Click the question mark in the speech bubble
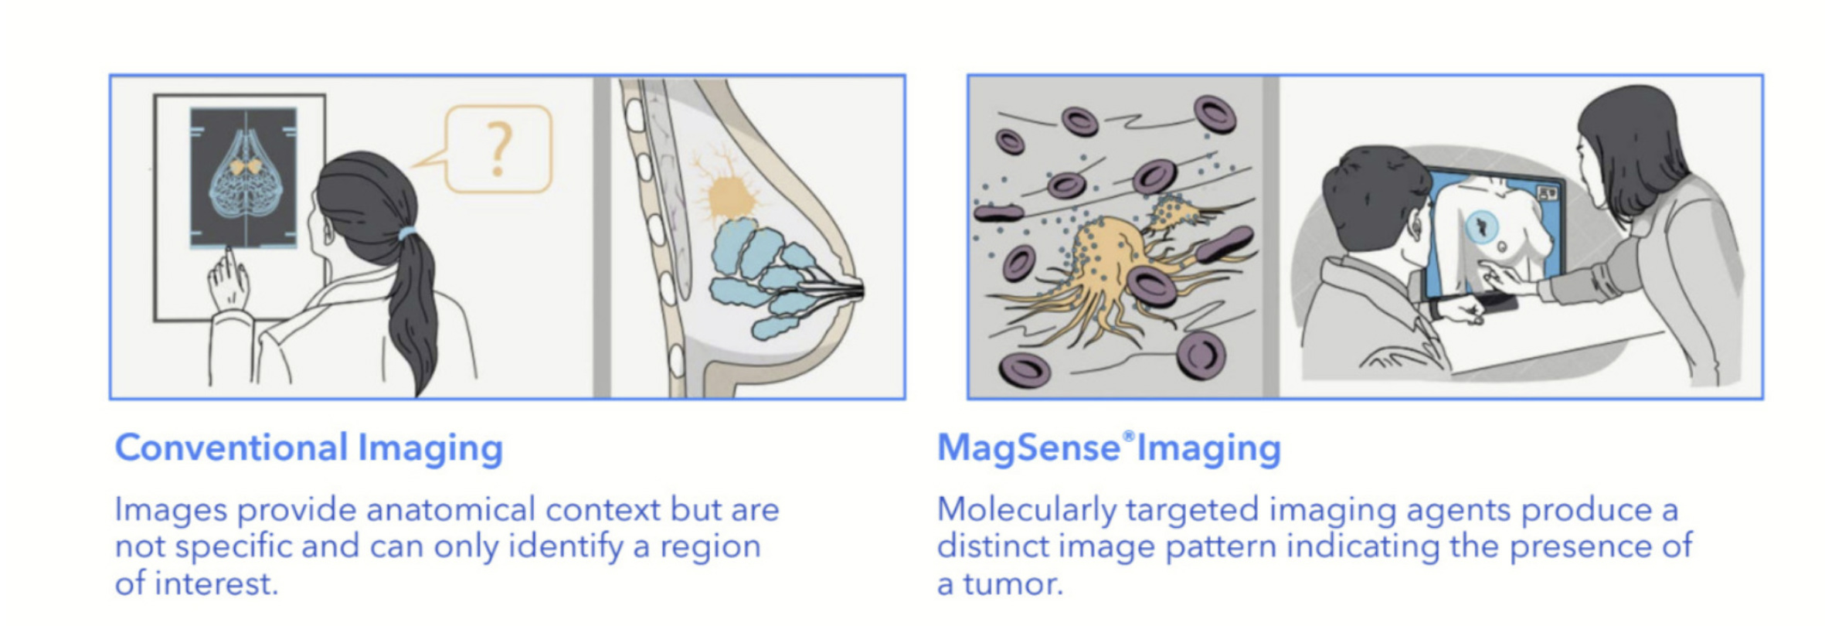point(499,149)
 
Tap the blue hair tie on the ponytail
point(407,233)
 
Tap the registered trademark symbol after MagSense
point(1129,437)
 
